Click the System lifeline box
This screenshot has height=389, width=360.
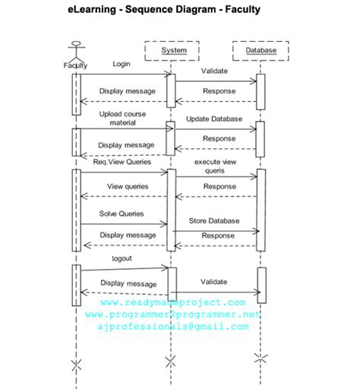[174, 51]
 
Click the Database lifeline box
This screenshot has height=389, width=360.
[261, 51]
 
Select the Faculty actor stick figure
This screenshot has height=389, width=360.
[75, 49]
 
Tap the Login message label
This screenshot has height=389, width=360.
[122, 65]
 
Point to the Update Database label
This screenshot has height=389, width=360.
[214, 119]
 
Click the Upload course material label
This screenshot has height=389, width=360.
[122, 118]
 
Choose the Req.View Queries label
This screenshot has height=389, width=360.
[122, 161]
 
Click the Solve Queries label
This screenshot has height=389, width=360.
[122, 213]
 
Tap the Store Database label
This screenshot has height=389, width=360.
[214, 220]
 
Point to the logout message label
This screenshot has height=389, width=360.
[122, 258]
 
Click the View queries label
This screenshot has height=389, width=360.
[127, 186]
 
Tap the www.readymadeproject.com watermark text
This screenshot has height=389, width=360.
[173, 302]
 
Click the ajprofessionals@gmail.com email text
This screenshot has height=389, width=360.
[173, 326]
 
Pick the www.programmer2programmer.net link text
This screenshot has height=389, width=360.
[173, 314]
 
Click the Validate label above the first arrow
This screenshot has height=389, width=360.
[214, 71]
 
